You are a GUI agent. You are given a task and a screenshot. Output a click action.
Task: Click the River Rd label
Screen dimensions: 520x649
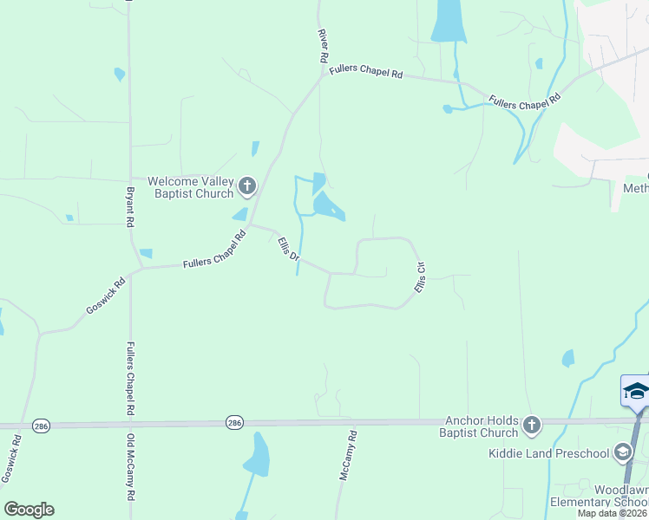(323, 45)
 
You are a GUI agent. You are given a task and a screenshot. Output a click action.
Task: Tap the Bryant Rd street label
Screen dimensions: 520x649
(130, 207)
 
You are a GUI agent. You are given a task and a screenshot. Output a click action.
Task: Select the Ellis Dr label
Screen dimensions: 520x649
(288, 250)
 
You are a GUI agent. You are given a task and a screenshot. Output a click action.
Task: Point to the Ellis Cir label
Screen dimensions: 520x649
(420, 276)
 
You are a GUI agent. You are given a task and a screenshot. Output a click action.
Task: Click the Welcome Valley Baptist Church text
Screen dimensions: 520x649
(191, 187)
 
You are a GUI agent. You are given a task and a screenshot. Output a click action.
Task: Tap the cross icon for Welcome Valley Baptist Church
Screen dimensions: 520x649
(247, 185)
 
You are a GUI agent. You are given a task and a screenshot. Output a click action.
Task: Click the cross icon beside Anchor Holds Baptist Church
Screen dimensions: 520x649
(532, 426)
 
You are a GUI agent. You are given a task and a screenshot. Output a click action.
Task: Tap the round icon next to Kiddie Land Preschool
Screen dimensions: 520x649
(622, 452)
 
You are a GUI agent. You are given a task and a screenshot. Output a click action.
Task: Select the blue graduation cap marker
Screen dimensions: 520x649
(636, 391)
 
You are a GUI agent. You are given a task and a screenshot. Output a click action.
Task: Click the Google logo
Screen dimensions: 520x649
(29, 509)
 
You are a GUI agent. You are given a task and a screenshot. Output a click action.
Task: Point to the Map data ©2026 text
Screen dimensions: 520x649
(613, 513)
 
